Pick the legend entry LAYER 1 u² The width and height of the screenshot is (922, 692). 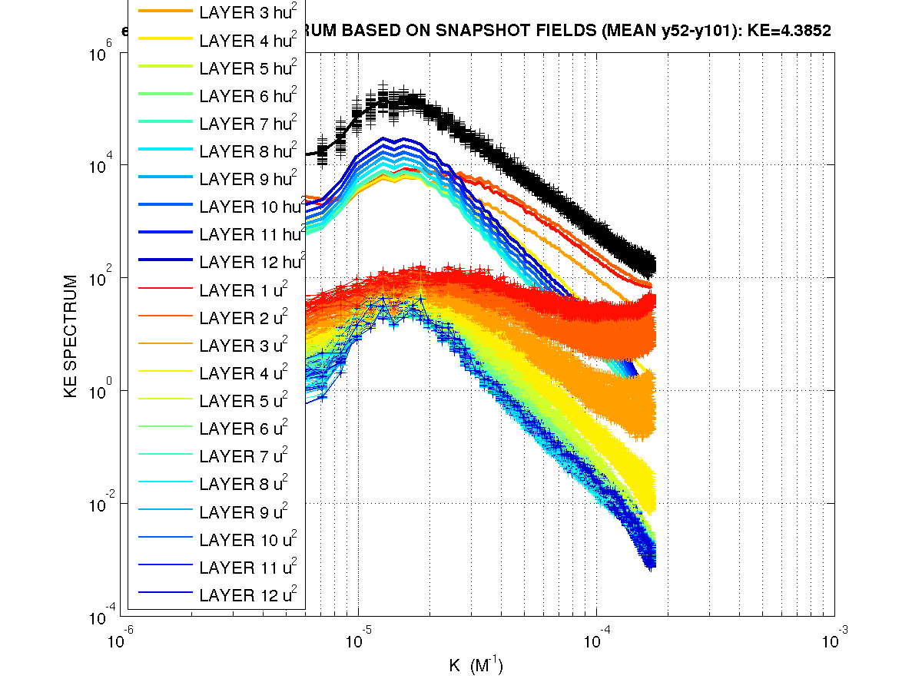pyautogui.click(x=243, y=290)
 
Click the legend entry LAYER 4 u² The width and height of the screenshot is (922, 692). pyautogui.click(x=243, y=372)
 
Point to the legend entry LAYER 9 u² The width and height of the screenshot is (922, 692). pyautogui.click(x=243, y=511)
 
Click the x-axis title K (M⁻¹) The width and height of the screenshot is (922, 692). pyautogui.click(x=476, y=665)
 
